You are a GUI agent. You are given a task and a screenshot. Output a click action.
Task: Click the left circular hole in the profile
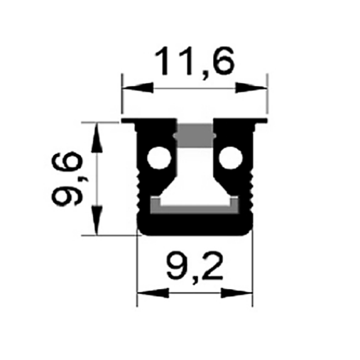tap(158, 158)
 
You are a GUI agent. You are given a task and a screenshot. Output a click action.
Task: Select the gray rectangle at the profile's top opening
tap(194, 133)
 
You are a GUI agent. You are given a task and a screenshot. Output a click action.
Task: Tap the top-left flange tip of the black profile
tap(128, 121)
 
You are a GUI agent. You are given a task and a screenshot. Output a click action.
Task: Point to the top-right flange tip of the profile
tap(262, 121)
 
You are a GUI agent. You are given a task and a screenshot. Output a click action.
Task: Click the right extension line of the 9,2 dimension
tap(252, 270)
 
